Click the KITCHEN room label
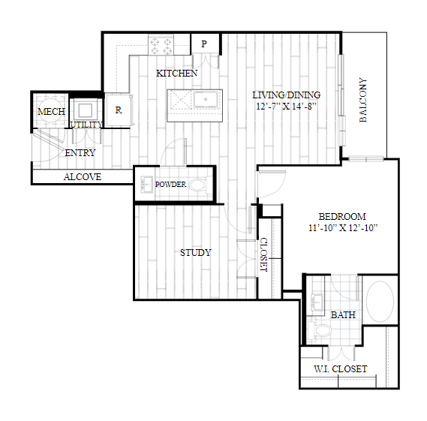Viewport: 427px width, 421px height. [177, 74]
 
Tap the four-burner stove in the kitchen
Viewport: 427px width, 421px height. [161, 45]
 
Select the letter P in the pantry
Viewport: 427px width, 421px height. [204, 44]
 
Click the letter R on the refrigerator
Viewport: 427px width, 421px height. [119, 110]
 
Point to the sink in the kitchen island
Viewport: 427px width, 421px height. [206, 99]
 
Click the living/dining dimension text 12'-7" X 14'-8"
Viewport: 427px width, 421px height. [286, 107]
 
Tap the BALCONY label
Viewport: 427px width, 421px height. [363, 100]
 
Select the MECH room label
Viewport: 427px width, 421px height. [51, 111]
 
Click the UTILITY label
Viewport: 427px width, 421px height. [86, 125]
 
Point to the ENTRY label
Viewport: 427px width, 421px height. [80, 153]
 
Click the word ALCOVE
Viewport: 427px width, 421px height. [83, 177]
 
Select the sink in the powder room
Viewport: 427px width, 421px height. [147, 185]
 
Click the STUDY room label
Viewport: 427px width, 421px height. [196, 253]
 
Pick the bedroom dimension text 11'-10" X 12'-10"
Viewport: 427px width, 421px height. [343, 228]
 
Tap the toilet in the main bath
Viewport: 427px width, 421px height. [319, 331]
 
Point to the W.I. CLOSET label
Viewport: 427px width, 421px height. [341, 369]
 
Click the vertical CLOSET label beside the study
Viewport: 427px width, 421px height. [264, 254]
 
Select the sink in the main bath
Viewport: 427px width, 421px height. [317, 302]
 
